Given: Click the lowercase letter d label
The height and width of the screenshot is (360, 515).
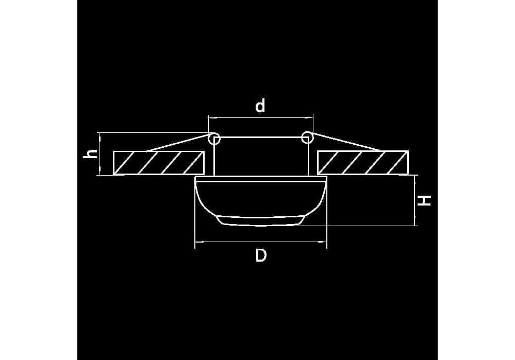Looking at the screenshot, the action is pos(260,106).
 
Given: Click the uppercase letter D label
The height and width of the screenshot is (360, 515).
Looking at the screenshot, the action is pos(261,255).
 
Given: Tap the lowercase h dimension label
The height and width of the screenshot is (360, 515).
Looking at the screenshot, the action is pos(90,153).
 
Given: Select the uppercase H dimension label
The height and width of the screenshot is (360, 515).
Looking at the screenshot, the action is pos(424,200).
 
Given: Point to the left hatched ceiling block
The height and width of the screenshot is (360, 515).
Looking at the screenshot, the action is pos(159,163).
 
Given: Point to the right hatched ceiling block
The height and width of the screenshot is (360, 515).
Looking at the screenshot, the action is pos(363,162).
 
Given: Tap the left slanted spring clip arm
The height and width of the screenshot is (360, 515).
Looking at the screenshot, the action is pos(178,143).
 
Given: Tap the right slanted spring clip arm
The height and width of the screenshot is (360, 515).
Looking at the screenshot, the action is pos(345,142).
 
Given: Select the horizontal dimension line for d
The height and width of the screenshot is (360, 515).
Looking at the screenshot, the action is pos(261,117).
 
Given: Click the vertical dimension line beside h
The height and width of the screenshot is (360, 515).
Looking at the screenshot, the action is pos(99,154).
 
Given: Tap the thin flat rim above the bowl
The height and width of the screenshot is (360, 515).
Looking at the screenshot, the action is pos(261,179).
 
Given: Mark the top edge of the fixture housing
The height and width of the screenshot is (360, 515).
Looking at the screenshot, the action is pos(261,137).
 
